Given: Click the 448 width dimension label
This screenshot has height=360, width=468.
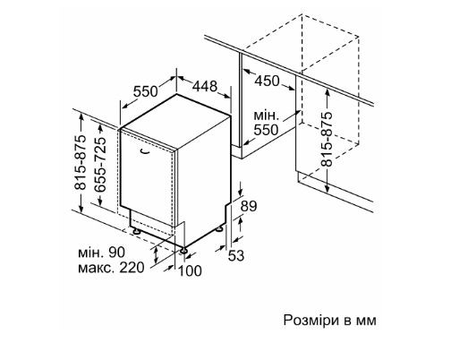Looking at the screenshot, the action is (205, 86).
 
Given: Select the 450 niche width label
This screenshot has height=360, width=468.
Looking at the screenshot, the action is (268, 81).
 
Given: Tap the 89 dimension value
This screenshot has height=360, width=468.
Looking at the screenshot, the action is (249, 206).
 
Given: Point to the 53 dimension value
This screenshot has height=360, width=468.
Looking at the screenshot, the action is (236, 255).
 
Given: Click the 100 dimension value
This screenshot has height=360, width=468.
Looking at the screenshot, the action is (190, 270).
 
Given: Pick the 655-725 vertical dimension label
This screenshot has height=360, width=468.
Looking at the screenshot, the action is (100, 164).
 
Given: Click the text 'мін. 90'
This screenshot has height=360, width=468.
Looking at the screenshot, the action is (102, 253).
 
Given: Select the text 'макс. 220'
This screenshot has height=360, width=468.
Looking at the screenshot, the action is (111, 268).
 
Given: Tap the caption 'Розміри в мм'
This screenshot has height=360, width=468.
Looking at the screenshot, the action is (330, 321).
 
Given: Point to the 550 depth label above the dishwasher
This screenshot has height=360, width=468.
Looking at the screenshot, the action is (145, 91).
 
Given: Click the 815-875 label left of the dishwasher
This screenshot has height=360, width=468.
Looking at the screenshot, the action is (80, 163).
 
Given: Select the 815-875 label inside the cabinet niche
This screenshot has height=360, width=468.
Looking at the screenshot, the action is (327, 139).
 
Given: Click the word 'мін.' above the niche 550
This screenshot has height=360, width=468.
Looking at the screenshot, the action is (267, 116).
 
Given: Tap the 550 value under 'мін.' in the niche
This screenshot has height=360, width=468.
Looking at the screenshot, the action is (266, 130).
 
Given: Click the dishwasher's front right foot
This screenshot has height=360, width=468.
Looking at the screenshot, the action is (183, 250).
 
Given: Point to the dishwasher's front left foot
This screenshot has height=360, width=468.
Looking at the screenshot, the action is (136, 231).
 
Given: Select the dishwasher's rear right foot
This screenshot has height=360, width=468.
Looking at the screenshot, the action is (219, 229).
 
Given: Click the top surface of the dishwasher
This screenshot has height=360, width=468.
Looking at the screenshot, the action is (176, 119).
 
